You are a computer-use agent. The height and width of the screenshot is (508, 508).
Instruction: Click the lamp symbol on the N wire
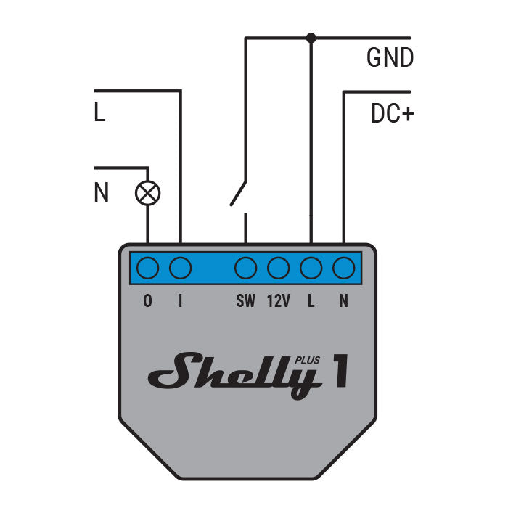point(148,193)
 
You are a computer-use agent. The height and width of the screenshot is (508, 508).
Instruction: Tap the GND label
point(390,58)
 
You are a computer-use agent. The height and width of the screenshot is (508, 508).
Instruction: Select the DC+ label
point(392,114)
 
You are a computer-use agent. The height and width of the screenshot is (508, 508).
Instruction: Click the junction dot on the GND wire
point(311,38)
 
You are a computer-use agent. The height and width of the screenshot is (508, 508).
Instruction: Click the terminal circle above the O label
point(148,269)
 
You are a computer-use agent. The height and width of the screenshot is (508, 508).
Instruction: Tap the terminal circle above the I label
point(180,269)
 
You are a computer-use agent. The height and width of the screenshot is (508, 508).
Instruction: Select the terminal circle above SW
point(246,269)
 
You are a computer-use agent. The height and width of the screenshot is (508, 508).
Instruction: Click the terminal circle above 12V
point(279,269)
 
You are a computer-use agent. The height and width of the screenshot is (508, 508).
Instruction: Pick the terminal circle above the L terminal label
point(311,269)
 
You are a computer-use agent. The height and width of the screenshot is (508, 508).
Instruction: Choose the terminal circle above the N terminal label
point(343,269)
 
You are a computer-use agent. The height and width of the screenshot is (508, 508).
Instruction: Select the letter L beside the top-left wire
point(100,114)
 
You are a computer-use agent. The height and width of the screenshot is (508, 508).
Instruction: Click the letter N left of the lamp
point(101,193)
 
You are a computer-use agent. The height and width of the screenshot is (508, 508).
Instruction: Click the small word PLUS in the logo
point(308,358)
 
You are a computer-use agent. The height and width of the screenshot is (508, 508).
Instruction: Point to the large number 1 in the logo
point(339,370)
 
